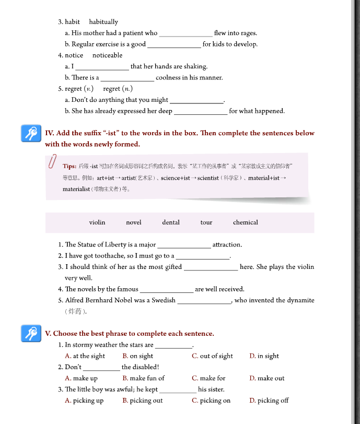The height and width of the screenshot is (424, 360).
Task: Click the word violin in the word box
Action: point(97,222)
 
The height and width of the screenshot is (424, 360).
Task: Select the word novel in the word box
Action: point(134,222)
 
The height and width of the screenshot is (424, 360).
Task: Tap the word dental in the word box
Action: point(171,222)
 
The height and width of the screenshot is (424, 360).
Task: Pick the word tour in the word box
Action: point(206,222)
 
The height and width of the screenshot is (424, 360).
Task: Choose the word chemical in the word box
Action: point(246,222)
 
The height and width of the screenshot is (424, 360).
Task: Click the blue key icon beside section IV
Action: point(30,134)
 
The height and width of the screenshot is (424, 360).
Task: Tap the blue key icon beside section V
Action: point(30,333)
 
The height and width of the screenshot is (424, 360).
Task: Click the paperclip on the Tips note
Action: point(52,161)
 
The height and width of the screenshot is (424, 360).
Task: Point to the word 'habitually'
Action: point(103,22)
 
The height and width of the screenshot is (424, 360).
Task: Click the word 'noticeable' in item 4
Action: point(107,55)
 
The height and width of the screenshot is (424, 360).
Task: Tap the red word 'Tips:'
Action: point(69,167)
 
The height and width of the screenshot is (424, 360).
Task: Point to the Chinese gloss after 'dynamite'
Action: point(75,311)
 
